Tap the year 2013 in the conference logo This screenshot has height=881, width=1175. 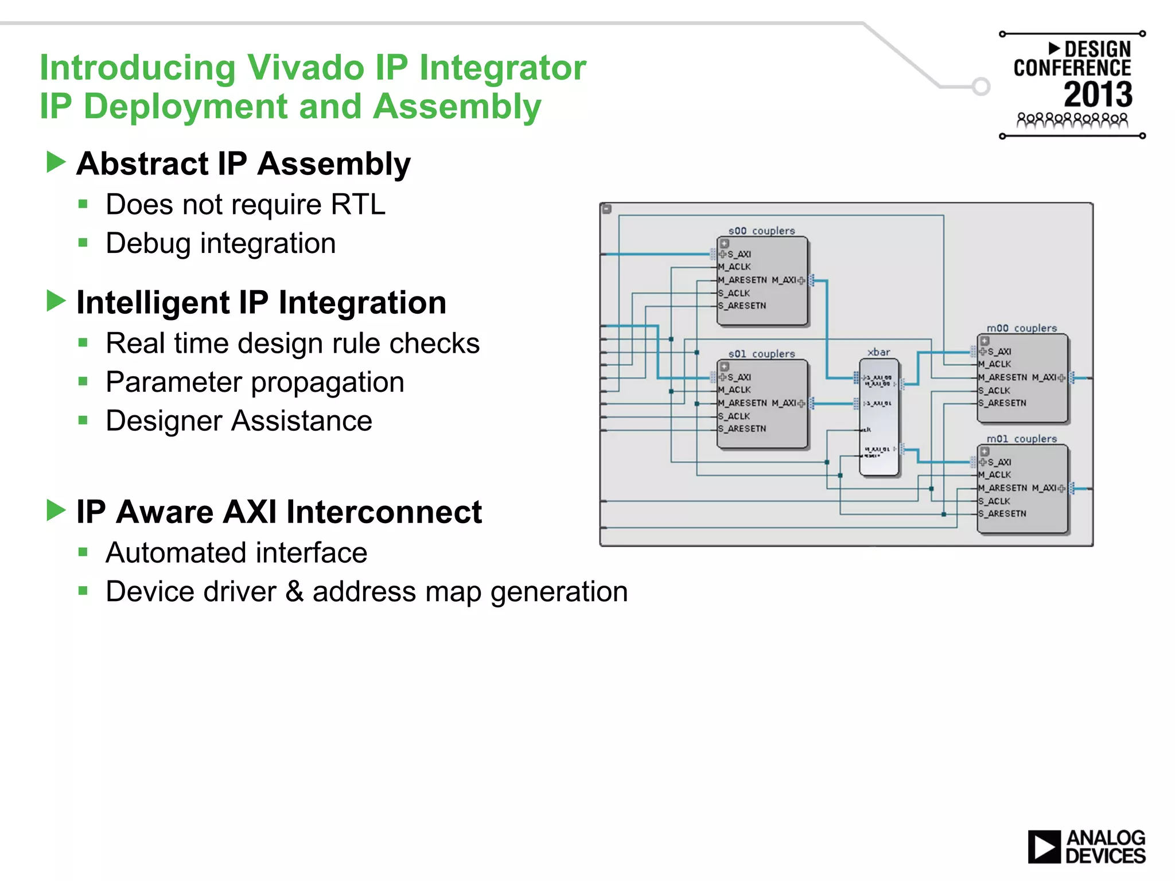(1098, 95)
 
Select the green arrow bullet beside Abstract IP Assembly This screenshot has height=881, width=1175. (56, 162)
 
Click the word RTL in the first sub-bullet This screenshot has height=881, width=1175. (358, 205)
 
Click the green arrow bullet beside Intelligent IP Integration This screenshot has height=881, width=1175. (56, 301)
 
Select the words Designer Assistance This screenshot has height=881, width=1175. (239, 421)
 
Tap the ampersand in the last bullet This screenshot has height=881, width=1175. (294, 591)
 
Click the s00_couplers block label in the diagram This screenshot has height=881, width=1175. (761, 231)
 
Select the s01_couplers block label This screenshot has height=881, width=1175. (761, 354)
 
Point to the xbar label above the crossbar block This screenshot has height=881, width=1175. (878, 352)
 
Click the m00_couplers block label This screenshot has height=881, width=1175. (1021, 328)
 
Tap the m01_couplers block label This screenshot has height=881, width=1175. (1021, 439)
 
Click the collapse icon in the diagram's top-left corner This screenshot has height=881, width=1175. (607, 209)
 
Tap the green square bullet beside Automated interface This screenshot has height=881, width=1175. (83, 552)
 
